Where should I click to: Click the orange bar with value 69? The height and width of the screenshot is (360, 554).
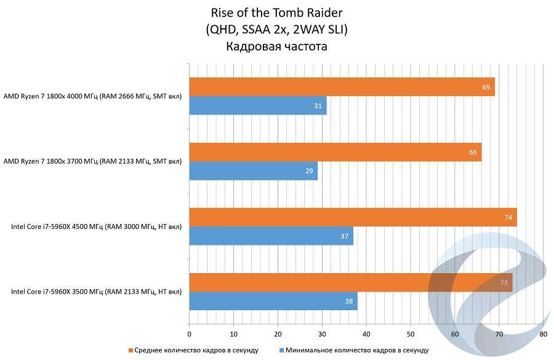(x=342, y=87)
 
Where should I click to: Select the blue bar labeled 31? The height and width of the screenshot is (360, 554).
(x=257, y=106)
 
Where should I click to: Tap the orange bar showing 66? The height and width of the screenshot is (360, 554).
(x=335, y=152)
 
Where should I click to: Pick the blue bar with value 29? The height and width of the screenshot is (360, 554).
(x=253, y=171)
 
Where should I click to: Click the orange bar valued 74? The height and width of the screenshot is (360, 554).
(x=353, y=217)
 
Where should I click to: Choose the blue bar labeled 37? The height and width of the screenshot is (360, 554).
(x=271, y=236)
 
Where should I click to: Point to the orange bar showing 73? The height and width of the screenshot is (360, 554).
(x=350, y=282)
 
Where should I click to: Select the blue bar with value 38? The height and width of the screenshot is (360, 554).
(x=273, y=302)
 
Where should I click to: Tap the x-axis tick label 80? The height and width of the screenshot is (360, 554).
(x=543, y=334)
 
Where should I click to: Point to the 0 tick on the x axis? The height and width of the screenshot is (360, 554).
(x=190, y=334)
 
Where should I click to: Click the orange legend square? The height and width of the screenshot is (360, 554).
(x=130, y=350)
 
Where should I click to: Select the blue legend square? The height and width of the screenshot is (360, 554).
(x=281, y=350)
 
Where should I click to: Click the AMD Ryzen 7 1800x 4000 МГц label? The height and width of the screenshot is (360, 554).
(x=93, y=97)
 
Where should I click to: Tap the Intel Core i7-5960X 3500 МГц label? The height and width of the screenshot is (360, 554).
(x=97, y=292)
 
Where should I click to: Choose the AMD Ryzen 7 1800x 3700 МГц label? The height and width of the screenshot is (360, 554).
(x=93, y=162)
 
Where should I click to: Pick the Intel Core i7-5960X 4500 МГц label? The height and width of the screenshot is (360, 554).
(x=97, y=227)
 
